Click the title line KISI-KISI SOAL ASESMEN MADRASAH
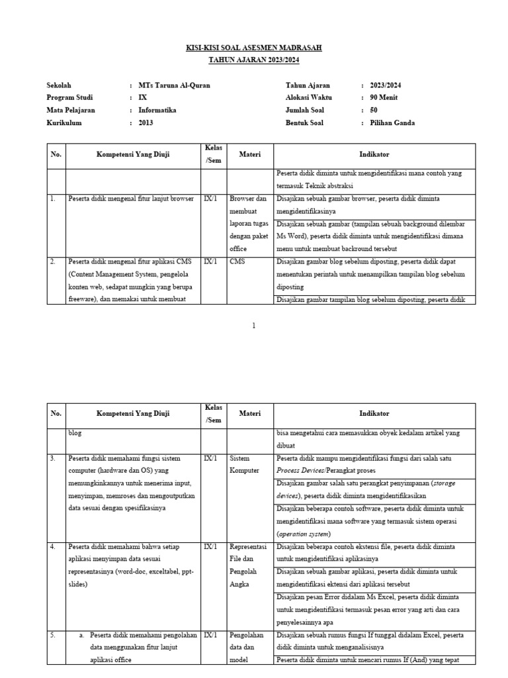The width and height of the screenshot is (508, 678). click(x=254, y=49)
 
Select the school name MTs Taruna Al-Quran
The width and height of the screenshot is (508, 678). click(x=175, y=85)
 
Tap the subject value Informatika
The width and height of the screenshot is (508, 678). click(x=157, y=111)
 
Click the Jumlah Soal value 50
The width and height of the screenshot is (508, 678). click(x=374, y=111)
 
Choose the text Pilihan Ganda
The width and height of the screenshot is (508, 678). click(x=393, y=123)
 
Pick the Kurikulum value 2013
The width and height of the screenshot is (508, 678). click(x=146, y=123)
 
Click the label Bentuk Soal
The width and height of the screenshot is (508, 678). click(x=308, y=123)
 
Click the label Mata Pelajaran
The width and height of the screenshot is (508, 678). click(x=71, y=111)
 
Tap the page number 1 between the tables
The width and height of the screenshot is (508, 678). click(x=254, y=326)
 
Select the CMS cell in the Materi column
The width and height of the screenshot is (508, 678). click(x=237, y=262)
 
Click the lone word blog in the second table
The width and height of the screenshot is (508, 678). click(x=76, y=433)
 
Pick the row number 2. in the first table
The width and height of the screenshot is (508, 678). click(x=53, y=262)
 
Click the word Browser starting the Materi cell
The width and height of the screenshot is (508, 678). click(x=241, y=199)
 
